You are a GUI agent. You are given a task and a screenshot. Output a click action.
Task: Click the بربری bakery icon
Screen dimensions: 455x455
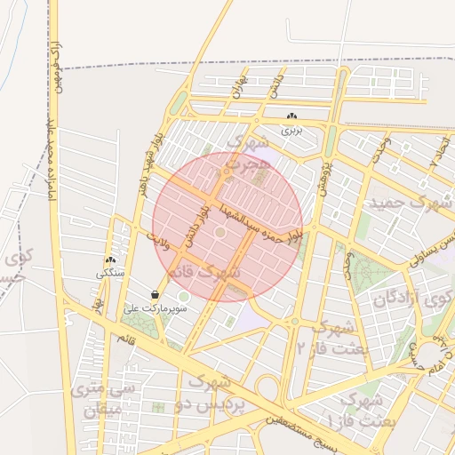(x=291, y=116)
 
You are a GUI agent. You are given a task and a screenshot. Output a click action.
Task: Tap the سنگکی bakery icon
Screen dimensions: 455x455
(x=110, y=260)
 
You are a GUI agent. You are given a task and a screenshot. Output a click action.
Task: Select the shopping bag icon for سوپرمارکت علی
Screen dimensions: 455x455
(x=156, y=294)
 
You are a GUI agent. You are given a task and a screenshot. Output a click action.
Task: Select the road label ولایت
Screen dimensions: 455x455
(x=156, y=238)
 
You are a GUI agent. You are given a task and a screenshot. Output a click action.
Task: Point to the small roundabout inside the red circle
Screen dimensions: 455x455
(x=220, y=233)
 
